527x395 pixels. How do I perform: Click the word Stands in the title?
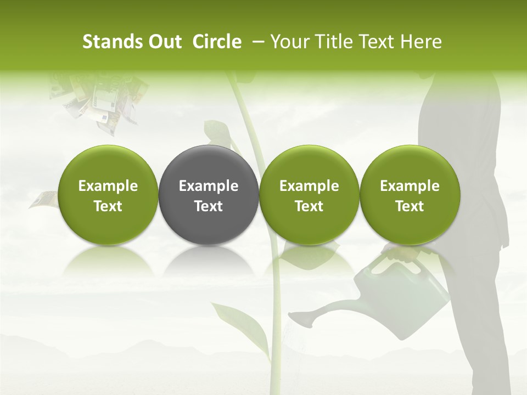click(113, 42)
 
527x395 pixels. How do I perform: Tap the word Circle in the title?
click(217, 42)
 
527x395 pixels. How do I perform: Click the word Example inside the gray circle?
click(209, 186)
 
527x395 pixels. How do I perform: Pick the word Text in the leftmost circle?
click(108, 206)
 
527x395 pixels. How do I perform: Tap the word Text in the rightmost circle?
click(410, 206)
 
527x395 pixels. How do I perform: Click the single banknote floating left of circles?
click(43, 199)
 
